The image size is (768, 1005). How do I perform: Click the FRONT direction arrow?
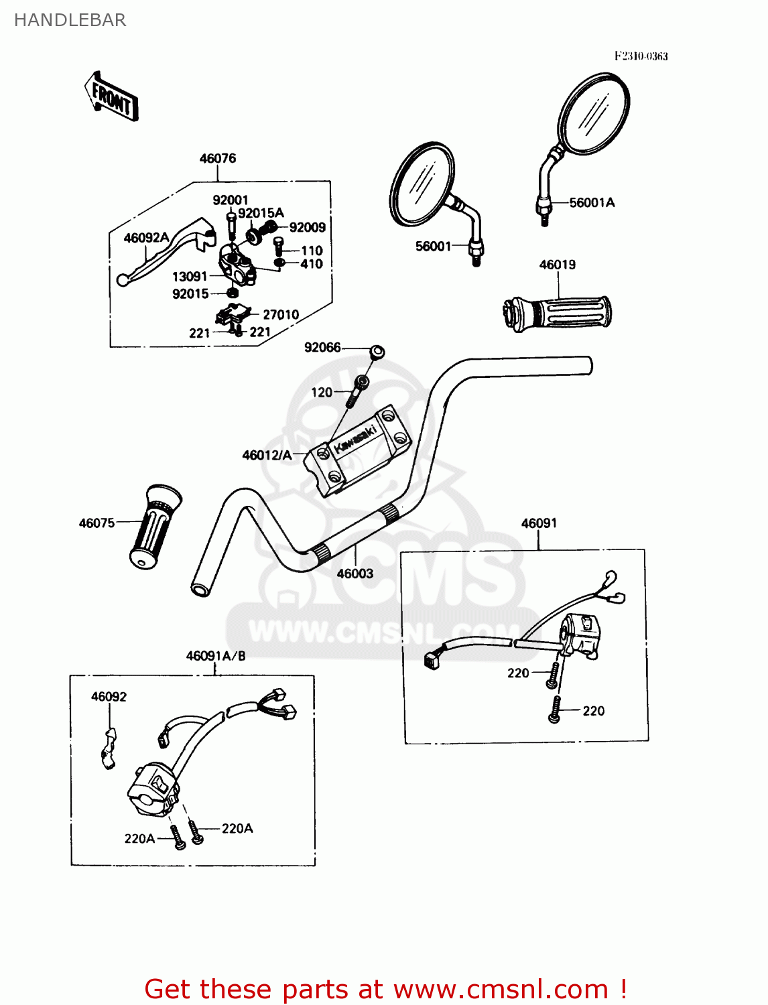(x=111, y=97)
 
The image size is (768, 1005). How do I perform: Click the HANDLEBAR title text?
(x=70, y=20)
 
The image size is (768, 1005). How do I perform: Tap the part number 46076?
(x=218, y=159)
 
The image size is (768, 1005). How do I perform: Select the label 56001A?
(x=592, y=202)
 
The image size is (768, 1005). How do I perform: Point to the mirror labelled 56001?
(x=424, y=184)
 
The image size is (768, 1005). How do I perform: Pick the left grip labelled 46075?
(x=156, y=527)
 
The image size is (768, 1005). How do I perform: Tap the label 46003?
(x=355, y=574)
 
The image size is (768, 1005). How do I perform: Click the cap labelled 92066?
(x=377, y=351)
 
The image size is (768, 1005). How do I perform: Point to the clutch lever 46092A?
(x=164, y=255)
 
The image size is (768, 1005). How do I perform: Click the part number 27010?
(x=281, y=314)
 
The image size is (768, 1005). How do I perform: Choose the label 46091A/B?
(x=216, y=656)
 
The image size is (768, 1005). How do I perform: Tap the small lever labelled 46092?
(x=109, y=748)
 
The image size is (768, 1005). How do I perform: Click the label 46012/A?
(x=267, y=456)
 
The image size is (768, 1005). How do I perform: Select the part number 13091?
(x=190, y=277)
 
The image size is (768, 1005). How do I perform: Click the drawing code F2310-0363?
(x=641, y=56)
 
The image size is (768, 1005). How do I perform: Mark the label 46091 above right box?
(x=539, y=523)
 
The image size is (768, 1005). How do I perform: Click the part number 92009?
(x=308, y=227)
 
